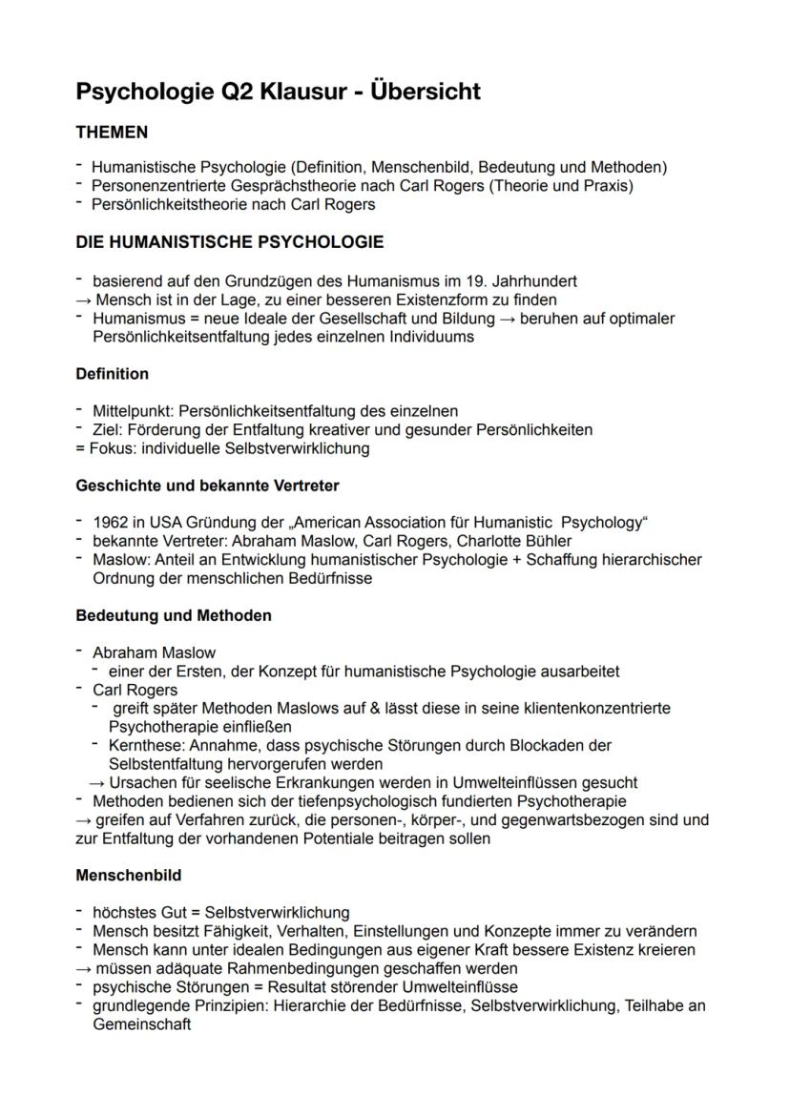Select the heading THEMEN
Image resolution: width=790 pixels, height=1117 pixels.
coord(112,132)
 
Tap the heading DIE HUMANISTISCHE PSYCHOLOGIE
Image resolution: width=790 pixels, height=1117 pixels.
coord(229,242)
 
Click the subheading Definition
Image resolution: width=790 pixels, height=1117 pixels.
coord(112,374)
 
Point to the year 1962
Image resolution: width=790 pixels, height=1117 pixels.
coord(110,523)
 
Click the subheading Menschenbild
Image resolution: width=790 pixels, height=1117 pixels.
coord(128,875)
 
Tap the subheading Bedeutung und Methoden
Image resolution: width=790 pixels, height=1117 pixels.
coord(173,615)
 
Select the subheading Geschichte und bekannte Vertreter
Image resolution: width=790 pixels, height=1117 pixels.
coord(207,486)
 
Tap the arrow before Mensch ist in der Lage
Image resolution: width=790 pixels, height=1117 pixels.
coord(82,300)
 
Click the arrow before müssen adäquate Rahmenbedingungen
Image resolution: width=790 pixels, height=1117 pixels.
coord(82,968)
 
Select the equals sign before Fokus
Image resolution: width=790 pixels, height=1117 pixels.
coord(80,448)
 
